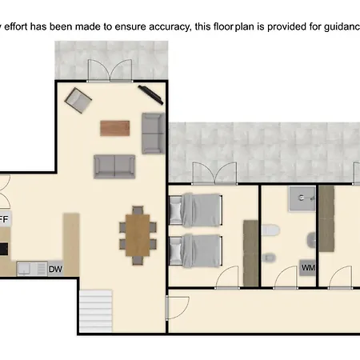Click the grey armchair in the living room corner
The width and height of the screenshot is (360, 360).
tap(78, 100)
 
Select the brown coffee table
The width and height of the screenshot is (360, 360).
tap(115, 127)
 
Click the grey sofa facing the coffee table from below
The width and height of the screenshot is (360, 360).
tap(114, 166)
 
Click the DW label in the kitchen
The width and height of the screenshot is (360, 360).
tap(55, 269)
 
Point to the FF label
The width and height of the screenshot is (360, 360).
tap(4, 218)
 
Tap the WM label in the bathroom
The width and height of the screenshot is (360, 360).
tap(308, 269)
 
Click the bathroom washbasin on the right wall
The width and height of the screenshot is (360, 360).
tap(311, 238)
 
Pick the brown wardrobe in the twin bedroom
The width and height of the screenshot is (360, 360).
tap(251, 251)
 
